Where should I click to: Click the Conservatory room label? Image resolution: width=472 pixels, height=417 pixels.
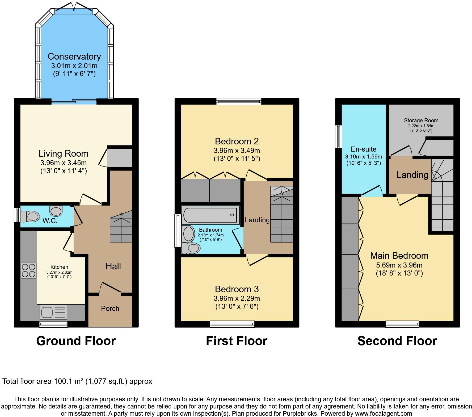click(74, 56)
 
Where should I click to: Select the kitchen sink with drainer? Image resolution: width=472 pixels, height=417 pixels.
click(53, 312)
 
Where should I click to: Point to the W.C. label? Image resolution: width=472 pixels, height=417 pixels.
click(50, 221)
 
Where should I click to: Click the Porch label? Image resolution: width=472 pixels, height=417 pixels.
click(110, 308)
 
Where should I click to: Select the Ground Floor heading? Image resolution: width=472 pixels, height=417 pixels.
click(76, 341)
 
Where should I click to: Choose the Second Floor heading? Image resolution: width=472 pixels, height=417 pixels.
click(397, 341)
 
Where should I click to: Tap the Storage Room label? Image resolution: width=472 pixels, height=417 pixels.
click(421, 120)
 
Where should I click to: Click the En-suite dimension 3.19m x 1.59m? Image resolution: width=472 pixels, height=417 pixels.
click(363, 157)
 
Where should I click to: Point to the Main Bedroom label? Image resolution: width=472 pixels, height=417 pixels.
click(399, 256)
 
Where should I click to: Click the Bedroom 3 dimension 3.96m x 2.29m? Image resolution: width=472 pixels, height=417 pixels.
click(237, 298)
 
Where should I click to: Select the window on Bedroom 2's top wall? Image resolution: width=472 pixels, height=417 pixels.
click(239, 101)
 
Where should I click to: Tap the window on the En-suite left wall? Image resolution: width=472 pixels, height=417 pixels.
click(339, 136)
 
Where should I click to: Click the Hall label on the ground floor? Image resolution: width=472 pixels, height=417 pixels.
click(113, 266)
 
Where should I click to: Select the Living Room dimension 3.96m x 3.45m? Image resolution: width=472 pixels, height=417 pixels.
click(63, 162)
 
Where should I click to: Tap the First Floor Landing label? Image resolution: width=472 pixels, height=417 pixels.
click(257, 220)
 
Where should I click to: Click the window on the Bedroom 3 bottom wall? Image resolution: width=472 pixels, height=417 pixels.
click(232, 324)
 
